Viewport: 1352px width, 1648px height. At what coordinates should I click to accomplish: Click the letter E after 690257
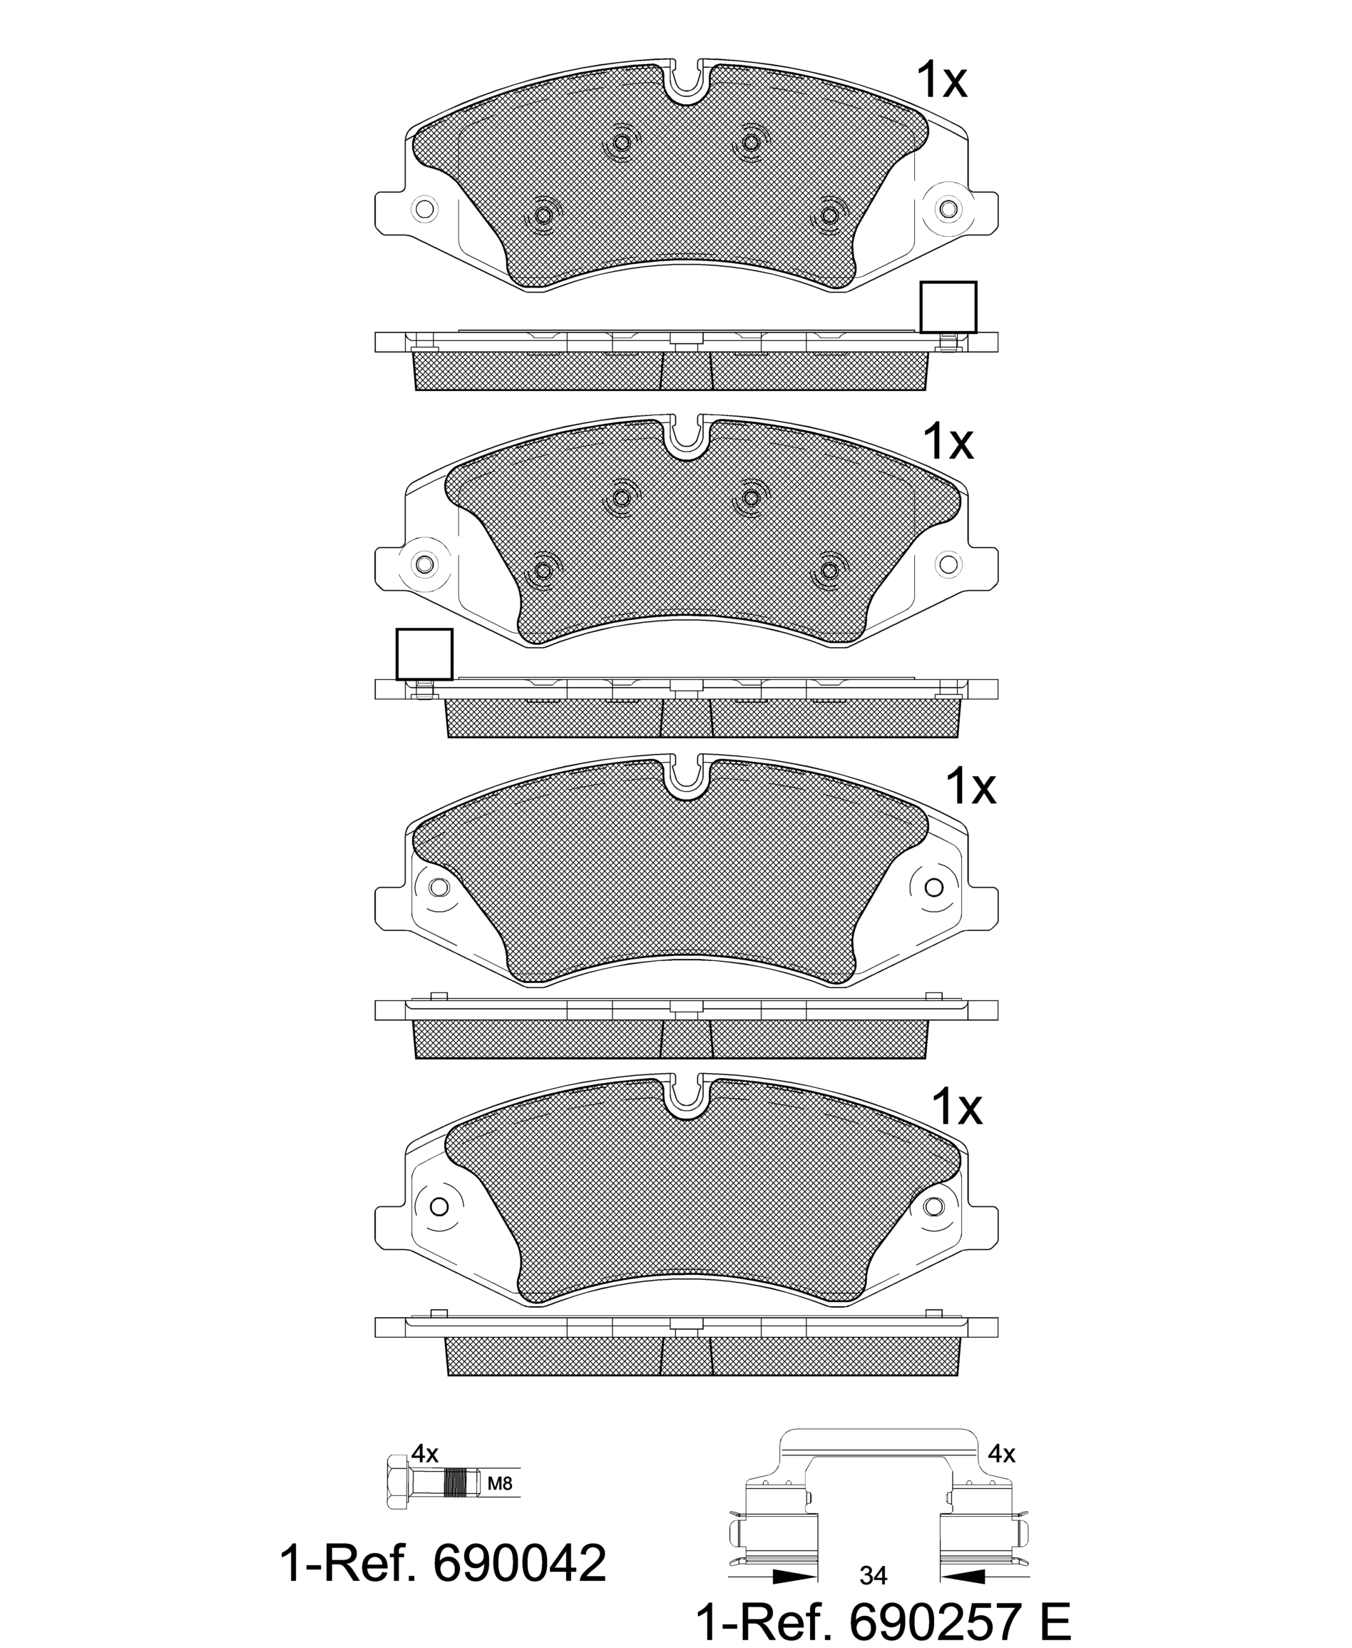1055,1617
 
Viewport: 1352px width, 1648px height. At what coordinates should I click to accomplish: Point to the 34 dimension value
873,1575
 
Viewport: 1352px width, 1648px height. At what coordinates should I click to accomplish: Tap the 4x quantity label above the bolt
425,1453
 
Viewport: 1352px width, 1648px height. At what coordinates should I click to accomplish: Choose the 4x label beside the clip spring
1002,1453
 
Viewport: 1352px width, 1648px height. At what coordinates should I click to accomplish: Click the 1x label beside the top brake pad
941,79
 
